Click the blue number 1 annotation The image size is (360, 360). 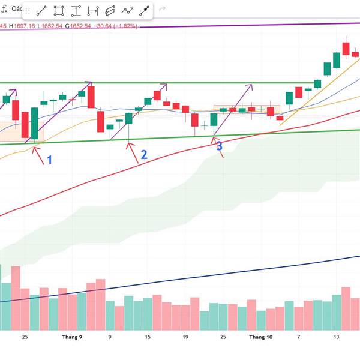pyautogui.click(x=50, y=160)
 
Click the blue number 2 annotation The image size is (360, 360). pyautogui.click(x=144, y=155)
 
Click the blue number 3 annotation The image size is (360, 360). pyautogui.click(x=219, y=146)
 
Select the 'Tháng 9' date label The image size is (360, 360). pyautogui.click(x=72, y=337)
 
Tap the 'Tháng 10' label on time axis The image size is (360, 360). pyautogui.click(x=260, y=337)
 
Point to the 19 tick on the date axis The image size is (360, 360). pyautogui.click(x=185, y=337)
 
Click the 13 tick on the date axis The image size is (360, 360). pyautogui.click(x=337, y=337)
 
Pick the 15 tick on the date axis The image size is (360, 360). pyautogui.click(x=148, y=337)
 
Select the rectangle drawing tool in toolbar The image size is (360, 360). pyautogui.click(x=59, y=11)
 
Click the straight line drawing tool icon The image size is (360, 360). pyautogui.click(x=41, y=11)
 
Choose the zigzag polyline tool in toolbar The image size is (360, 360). pyautogui.click(x=127, y=11)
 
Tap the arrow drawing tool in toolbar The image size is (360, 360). pyautogui.click(x=145, y=11)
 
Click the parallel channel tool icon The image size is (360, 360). pyautogui.click(x=110, y=11)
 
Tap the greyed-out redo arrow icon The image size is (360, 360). pyautogui.click(x=162, y=10)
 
